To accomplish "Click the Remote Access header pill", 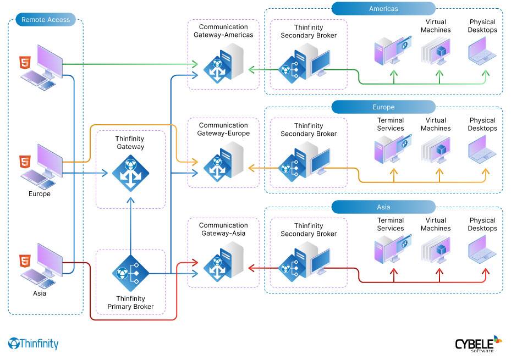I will (46, 20).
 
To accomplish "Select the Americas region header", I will (383, 8).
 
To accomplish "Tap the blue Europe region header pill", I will (383, 107).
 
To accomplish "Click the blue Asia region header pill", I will (383, 207).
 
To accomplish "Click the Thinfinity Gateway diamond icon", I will (130, 173).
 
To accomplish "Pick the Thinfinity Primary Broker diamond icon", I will (130, 273).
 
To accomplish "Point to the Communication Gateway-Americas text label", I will (223, 31).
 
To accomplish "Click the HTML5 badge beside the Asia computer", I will (25, 260).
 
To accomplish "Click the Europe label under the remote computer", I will (40, 194).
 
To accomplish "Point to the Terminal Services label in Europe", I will (391, 124).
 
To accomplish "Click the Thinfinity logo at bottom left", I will (34, 344).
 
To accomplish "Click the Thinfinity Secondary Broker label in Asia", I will (309, 230).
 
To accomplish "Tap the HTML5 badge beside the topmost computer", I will (25, 62).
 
